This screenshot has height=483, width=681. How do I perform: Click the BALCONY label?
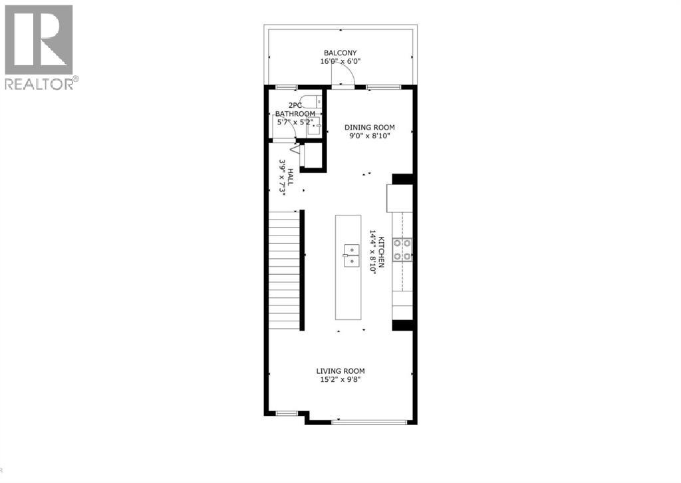(340, 53)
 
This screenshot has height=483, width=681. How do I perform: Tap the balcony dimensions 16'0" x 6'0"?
(340, 61)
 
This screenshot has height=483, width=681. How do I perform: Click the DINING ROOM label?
(369, 127)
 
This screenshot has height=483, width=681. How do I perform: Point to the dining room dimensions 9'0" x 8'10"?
(369, 136)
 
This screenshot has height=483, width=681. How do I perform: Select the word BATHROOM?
(296, 114)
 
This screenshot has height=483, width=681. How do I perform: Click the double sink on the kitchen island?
(350, 255)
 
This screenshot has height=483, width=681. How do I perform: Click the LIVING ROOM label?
(340, 371)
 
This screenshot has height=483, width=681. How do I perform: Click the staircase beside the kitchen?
(285, 273)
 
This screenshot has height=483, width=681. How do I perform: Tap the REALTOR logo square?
(39, 40)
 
